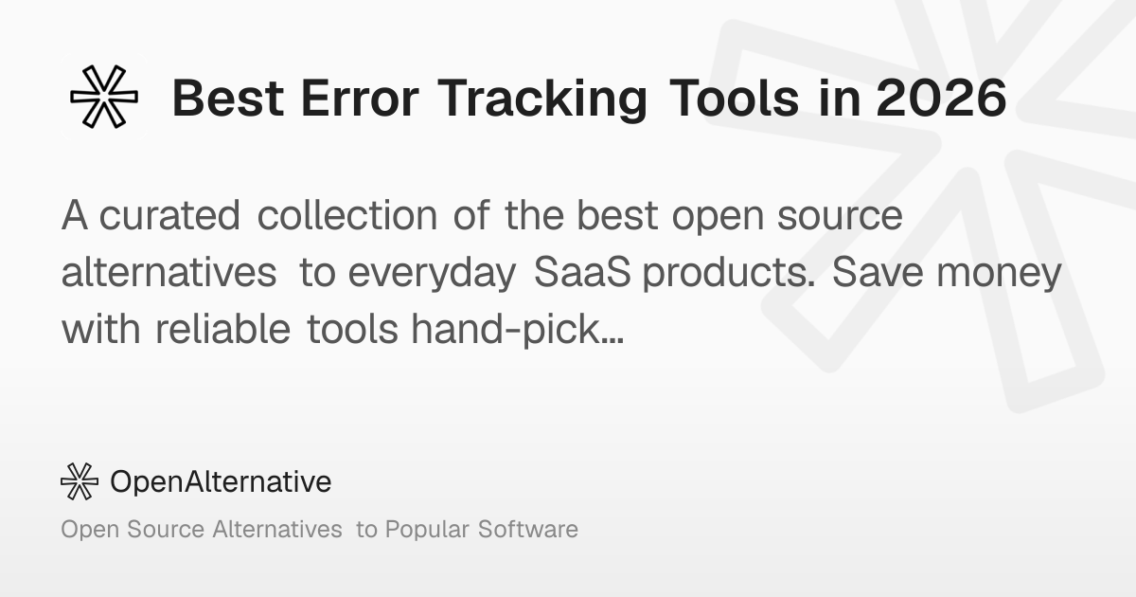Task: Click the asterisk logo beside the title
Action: pos(104,97)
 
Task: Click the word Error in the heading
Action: pos(360,98)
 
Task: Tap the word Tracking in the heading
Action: pos(542,100)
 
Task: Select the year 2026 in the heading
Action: pos(941,98)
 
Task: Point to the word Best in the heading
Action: pos(228,98)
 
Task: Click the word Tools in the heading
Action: pos(734,98)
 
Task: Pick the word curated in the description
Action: pos(169,215)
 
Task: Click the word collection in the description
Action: pos(346,215)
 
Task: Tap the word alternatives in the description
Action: pos(169,272)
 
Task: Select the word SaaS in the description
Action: pos(582,272)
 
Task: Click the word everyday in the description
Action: pos(432,274)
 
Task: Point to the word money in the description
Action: pos(999,275)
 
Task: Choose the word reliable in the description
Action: pos(222,329)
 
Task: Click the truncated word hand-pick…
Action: pos(517,331)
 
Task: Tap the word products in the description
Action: pos(729,274)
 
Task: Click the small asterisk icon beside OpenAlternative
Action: pos(80,481)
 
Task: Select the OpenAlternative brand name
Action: pos(221,481)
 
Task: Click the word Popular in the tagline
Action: pos(427,531)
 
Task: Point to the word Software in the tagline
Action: pos(528,529)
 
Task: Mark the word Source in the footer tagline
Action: pos(166,529)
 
